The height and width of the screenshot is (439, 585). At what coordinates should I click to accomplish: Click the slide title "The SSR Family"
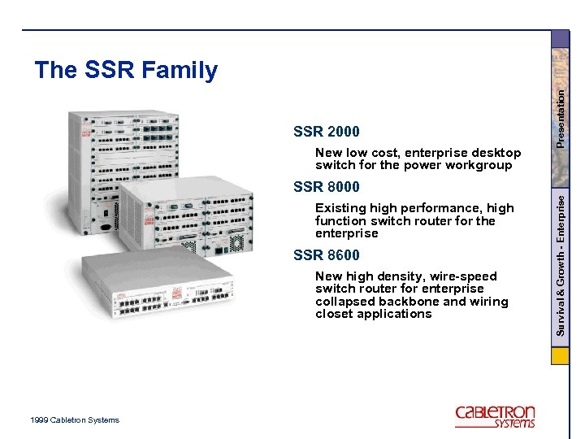(126, 71)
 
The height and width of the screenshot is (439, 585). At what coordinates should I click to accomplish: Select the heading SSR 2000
(326, 132)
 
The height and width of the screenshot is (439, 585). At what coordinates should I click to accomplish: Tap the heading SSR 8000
(326, 188)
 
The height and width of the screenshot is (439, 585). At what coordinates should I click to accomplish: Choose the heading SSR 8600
(326, 255)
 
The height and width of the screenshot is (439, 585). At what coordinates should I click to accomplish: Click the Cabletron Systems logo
(495, 415)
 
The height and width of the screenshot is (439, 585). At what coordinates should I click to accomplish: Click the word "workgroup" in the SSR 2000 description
(479, 165)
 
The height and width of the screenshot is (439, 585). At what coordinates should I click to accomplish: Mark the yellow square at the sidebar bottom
(560, 356)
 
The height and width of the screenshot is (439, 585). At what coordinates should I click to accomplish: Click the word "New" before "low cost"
(329, 153)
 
